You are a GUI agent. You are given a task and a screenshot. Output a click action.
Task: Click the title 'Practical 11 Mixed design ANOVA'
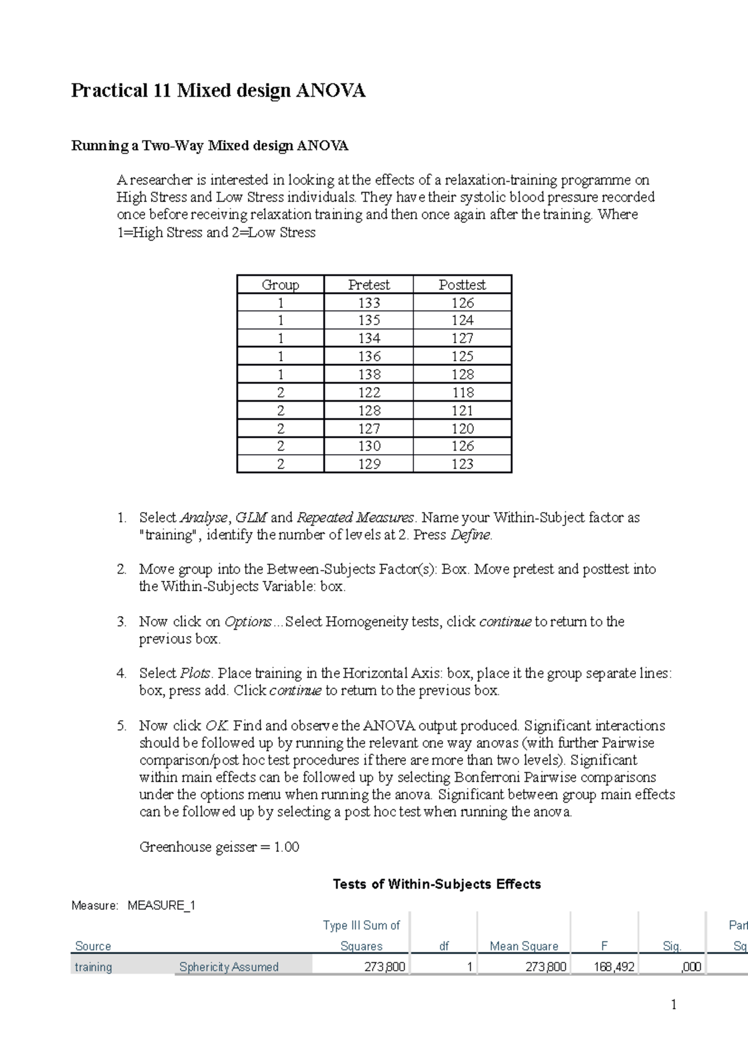pyautogui.click(x=218, y=91)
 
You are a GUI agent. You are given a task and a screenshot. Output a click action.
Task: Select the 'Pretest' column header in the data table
pyautogui.click(x=368, y=285)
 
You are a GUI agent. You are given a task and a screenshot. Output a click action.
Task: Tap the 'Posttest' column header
pyautogui.click(x=462, y=285)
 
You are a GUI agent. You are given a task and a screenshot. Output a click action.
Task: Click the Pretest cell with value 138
pyautogui.click(x=369, y=374)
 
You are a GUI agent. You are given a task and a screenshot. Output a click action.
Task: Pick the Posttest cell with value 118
pyautogui.click(x=463, y=393)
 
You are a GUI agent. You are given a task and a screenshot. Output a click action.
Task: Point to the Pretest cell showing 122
pyautogui.click(x=369, y=393)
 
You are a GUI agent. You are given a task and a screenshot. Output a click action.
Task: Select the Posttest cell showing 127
pyautogui.click(x=463, y=338)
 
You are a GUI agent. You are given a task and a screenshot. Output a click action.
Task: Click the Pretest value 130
pyautogui.click(x=369, y=446)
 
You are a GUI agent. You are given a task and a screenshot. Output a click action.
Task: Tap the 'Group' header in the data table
pyautogui.click(x=280, y=285)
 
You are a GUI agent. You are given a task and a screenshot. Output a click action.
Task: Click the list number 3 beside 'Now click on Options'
pyautogui.click(x=122, y=622)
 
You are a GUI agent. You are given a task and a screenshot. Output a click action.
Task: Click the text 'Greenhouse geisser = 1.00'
pyautogui.click(x=219, y=847)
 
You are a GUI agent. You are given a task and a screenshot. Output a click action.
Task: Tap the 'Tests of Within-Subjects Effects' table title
pyautogui.click(x=436, y=884)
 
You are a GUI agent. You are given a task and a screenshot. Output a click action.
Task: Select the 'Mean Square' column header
pyautogui.click(x=524, y=946)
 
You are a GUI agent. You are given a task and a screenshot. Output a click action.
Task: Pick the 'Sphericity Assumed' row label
pyautogui.click(x=229, y=967)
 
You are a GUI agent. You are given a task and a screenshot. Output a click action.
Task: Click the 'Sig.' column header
pyautogui.click(x=672, y=946)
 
